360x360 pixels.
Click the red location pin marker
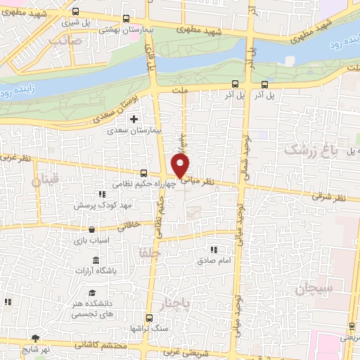(181, 166)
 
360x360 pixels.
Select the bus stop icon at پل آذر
(234, 84)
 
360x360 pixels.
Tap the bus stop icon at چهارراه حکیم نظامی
(143, 173)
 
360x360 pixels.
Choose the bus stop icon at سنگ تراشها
(148, 317)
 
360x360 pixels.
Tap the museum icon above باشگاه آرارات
(96, 261)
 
